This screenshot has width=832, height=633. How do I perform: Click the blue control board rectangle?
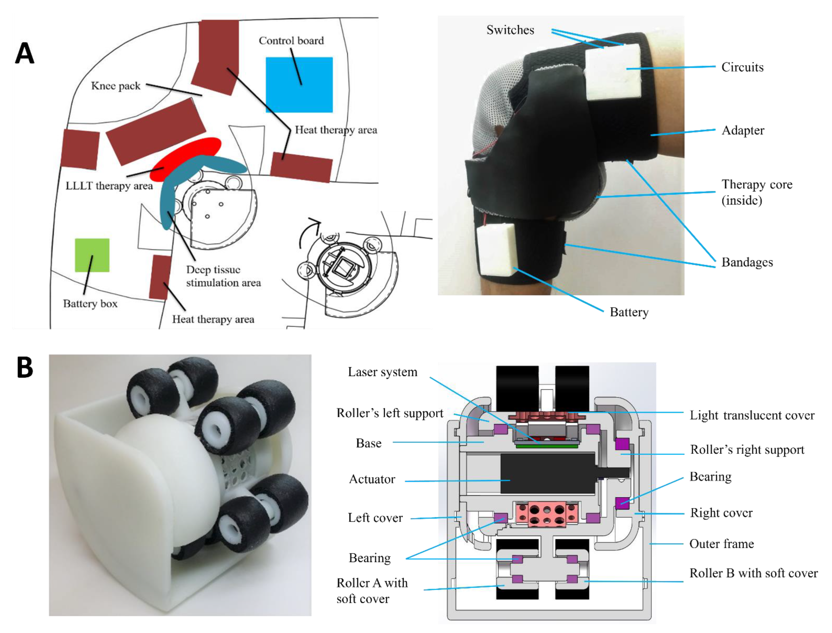click(299, 85)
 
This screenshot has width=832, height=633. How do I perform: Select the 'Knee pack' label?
click(116, 86)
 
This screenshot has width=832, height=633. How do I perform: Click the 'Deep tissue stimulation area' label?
click(223, 276)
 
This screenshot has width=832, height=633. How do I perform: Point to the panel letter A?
click(25, 53)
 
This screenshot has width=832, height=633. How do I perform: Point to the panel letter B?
click(25, 367)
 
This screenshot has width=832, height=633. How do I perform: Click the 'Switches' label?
click(510, 30)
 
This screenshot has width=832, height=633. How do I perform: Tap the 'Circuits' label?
click(742, 67)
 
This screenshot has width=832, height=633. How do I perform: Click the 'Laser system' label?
click(382, 372)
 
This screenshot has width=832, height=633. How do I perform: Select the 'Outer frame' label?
click(721, 544)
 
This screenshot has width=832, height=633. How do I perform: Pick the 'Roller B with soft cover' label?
click(753, 573)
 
